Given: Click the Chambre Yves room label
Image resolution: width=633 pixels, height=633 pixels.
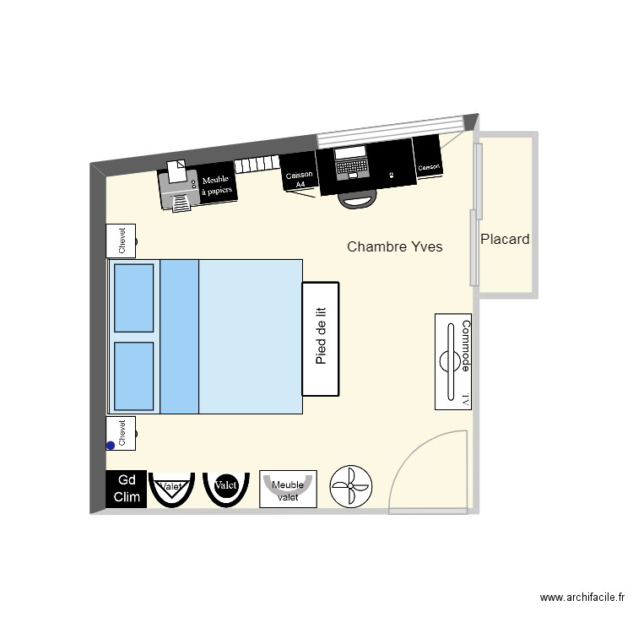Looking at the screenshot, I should (x=395, y=246).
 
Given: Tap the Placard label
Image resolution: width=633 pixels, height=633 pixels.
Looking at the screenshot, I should (x=505, y=239).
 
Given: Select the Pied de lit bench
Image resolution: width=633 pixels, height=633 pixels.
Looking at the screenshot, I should (x=321, y=338).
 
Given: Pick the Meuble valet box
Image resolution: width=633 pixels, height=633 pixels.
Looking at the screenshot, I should (x=288, y=490).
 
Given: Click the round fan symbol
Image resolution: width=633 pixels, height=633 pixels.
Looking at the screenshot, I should (x=349, y=487).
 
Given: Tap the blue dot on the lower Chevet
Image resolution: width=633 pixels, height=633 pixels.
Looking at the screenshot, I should (x=111, y=446).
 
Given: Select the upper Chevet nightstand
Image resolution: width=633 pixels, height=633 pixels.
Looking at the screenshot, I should (x=122, y=240).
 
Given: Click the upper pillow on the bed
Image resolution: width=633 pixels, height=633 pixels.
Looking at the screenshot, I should (x=133, y=298).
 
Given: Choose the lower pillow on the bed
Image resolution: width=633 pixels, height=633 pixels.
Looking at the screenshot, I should (x=133, y=376).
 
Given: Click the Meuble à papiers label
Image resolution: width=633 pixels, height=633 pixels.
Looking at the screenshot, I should (x=216, y=185).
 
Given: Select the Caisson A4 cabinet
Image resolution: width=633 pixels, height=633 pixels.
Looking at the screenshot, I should (x=299, y=172).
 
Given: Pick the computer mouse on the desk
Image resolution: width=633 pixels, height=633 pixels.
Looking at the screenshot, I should (x=390, y=176).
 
